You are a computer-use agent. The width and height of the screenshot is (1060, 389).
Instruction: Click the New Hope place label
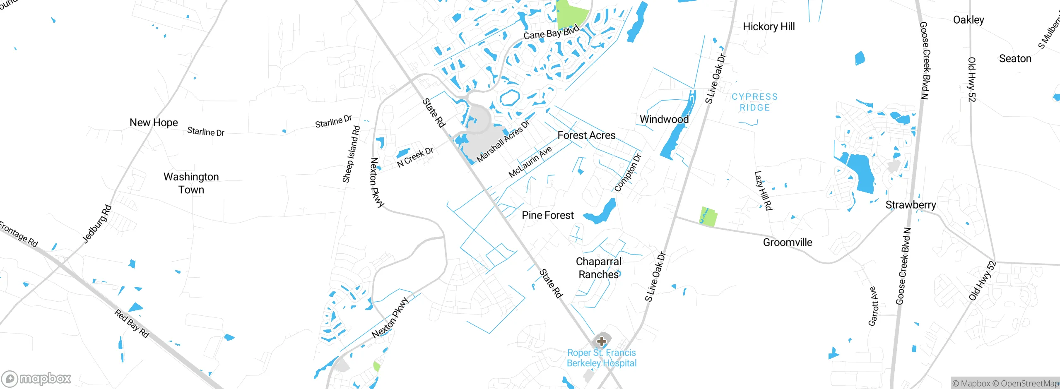coord(154,122)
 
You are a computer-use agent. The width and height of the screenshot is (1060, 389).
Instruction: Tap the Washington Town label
coord(191,183)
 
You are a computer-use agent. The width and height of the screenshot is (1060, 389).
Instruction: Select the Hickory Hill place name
coord(768,26)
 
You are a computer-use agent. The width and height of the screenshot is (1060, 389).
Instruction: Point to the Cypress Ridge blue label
coord(754,102)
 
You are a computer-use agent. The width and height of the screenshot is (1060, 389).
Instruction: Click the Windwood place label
coord(664,119)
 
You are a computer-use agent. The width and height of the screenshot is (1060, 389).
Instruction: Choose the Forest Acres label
coord(586,135)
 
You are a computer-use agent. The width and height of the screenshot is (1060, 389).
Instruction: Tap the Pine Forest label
coord(547,215)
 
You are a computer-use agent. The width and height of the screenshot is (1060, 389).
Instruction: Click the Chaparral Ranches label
coord(598,268)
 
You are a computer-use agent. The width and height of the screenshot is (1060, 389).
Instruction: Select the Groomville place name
coord(787,242)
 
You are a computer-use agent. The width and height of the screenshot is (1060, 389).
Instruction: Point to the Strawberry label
coord(911,205)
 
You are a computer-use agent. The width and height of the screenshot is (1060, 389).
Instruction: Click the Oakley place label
coord(968,20)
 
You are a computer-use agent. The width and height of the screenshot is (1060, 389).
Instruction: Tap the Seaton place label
coord(1015,58)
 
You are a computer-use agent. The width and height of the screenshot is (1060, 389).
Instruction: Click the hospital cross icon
coord(602,341)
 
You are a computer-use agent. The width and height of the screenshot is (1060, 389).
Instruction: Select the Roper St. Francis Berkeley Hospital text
coord(601,358)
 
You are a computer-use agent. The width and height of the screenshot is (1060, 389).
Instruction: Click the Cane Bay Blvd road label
coord(551,32)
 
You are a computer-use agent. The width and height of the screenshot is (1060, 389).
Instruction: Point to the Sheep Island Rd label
coord(351,154)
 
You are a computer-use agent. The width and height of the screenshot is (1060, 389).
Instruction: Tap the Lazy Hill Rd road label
coord(763,190)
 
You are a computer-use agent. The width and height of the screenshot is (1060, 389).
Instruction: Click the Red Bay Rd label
coord(131,323)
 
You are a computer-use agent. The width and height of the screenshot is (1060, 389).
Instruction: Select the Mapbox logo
coord(36,378)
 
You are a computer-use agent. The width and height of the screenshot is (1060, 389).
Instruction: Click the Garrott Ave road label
coord(872,306)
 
